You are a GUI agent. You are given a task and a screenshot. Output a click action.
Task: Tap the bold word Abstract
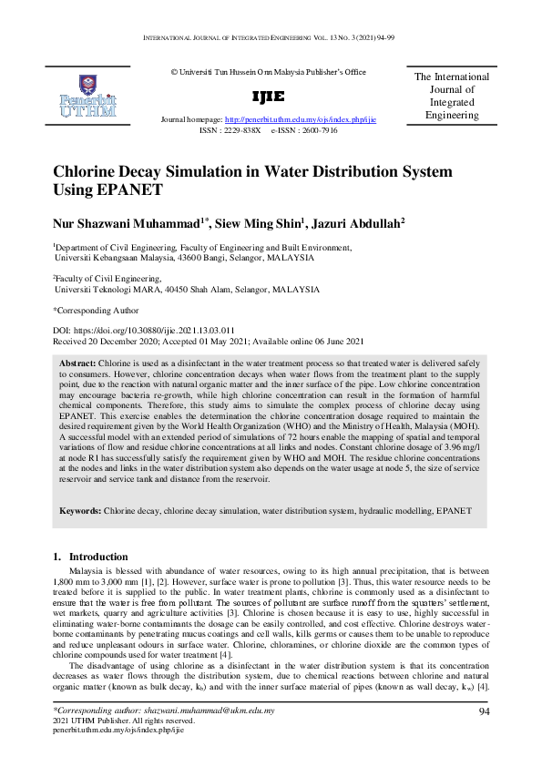point(77,363)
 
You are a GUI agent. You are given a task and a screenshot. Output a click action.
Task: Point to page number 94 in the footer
point(484,712)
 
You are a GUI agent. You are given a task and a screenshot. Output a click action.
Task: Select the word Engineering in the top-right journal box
point(452,116)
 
